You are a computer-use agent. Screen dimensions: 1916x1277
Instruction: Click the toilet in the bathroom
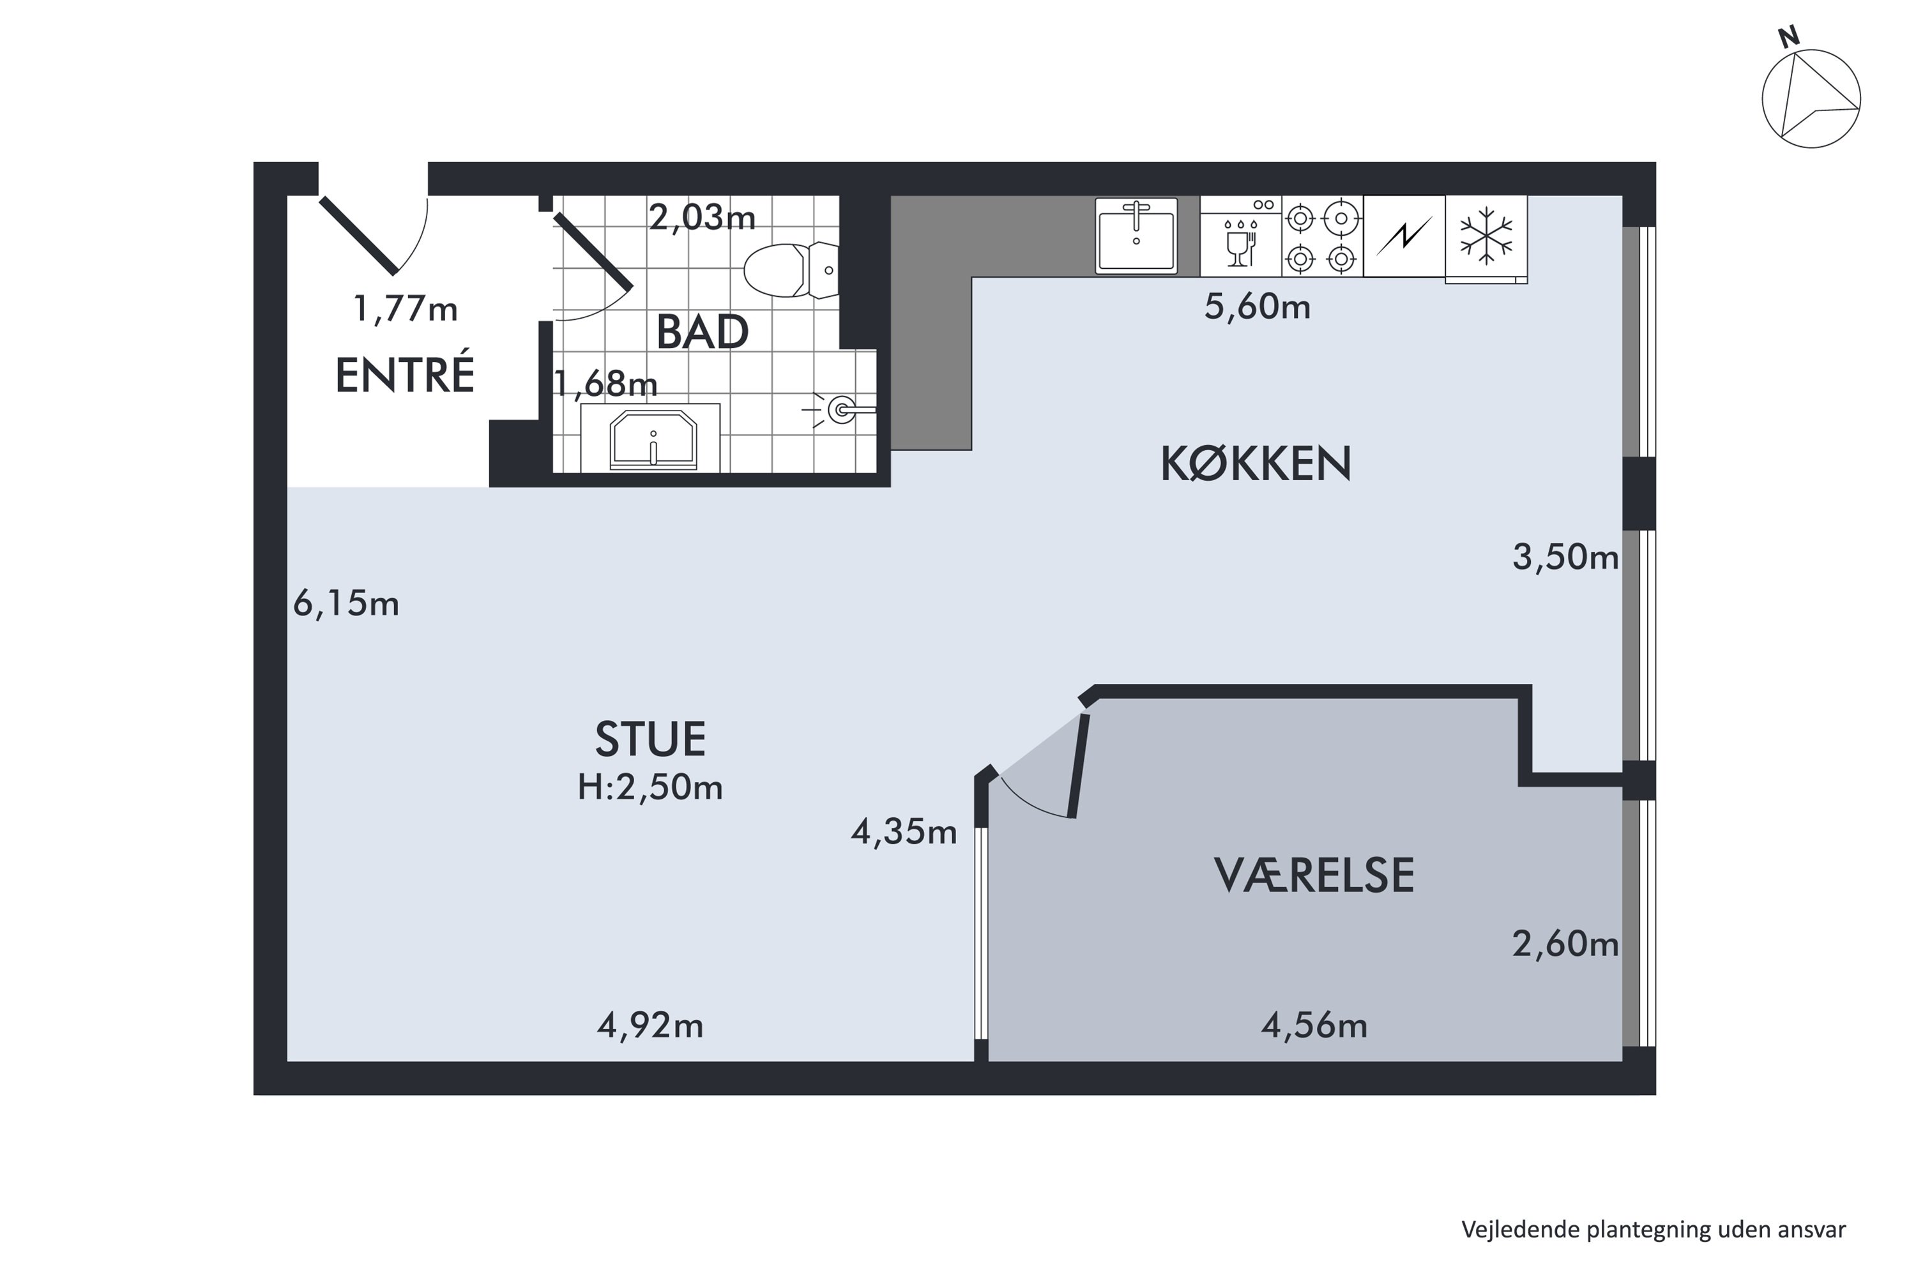pyautogui.click(x=791, y=269)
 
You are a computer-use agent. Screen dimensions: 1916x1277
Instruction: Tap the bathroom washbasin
pyautogui.click(x=653, y=440)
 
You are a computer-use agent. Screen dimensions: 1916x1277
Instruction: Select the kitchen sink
pyautogui.click(x=1136, y=236)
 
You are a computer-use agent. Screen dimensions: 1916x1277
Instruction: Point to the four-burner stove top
pyautogui.click(x=1322, y=236)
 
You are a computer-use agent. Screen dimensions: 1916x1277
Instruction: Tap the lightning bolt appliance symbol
pyautogui.click(x=1404, y=236)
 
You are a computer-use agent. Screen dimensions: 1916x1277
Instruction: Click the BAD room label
pyautogui.click(x=702, y=331)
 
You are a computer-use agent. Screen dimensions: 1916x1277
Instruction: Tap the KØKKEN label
pyautogui.click(x=1256, y=464)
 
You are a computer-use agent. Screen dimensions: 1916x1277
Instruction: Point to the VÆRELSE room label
pyautogui.click(x=1314, y=875)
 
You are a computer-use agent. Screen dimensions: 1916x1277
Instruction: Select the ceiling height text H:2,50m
pyautogui.click(x=650, y=787)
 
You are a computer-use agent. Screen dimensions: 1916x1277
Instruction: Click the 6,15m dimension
pyautogui.click(x=346, y=603)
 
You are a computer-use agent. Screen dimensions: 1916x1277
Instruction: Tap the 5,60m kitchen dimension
pyautogui.click(x=1258, y=306)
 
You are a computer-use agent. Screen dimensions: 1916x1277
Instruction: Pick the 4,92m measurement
pyautogui.click(x=650, y=1025)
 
